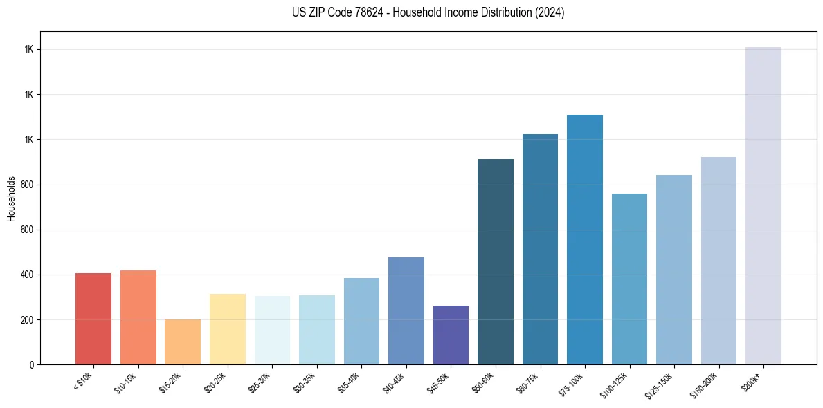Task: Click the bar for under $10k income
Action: (x=93, y=319)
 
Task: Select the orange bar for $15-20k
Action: (x=183, y=342)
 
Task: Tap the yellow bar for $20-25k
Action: (x=228, y=329)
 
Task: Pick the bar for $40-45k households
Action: (x=406, y=310)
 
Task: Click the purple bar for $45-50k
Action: (x=451, y=335)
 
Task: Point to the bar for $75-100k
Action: (x=585, y=239)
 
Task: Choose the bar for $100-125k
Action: (x=629, y=279)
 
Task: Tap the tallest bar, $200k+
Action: (x=763, y=205)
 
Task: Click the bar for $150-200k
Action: (x=718, y=261)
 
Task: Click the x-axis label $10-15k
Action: (x=125, y=382)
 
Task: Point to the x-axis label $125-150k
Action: (x=660, y=384)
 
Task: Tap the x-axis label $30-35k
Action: (x=304, y=382)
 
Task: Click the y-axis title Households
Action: (x=11, y=198)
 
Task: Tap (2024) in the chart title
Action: (x=550, y=12)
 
